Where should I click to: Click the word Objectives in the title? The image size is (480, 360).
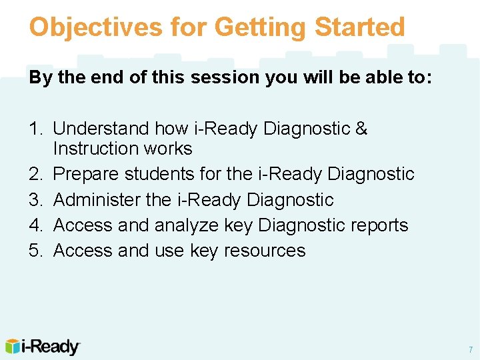point(95,27)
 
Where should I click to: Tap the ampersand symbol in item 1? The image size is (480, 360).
point(361,128)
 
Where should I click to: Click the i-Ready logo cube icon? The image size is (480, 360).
point(13,347)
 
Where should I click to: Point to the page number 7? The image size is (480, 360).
point(470,349)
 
